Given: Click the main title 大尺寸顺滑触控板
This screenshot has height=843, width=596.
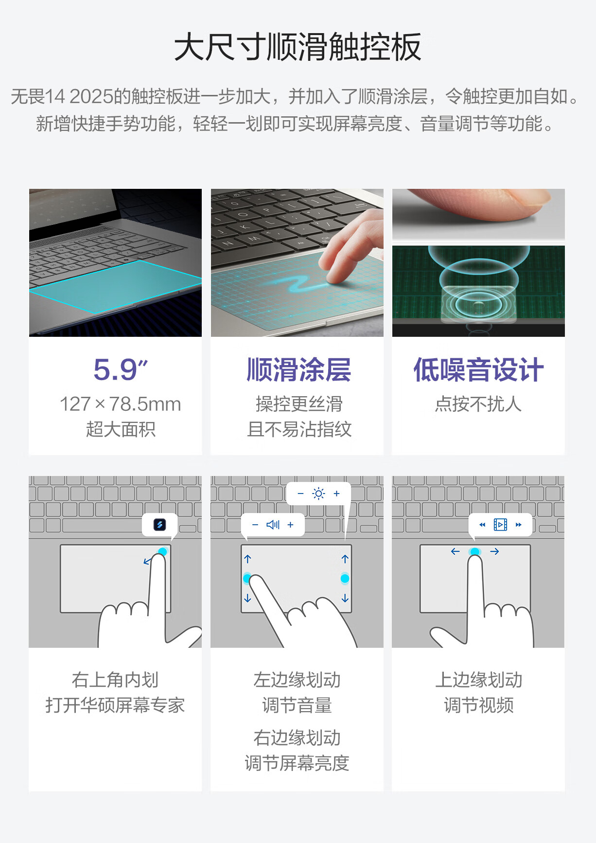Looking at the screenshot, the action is tap(298, 47).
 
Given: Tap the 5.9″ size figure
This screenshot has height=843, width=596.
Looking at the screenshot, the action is tap(120, 369).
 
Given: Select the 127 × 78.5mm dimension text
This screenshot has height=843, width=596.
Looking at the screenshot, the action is tap(120, 404).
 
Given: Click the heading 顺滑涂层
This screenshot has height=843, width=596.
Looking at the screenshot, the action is tap(298, 370).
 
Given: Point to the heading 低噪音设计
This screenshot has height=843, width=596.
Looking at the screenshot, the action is tap(478, 370).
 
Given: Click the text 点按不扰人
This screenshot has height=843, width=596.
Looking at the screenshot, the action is tap(478, 404).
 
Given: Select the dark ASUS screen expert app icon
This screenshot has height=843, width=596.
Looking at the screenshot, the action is tap(159, 525).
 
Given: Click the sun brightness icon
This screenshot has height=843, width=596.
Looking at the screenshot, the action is tap(318, 494).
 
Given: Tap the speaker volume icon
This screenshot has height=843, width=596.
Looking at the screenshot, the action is tap(273, 525).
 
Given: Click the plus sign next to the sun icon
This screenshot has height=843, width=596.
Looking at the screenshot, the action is tap(336, 494).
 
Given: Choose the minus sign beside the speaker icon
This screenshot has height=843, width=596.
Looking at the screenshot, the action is tap(255, 525).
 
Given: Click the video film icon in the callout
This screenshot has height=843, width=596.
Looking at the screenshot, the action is tap(500, 525).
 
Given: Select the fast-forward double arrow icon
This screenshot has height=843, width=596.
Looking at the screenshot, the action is tap(518, 525).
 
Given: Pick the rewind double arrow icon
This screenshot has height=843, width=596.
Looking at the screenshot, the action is tap(482, 525).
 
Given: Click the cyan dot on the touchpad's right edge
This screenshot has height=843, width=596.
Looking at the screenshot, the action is tap(345, 578).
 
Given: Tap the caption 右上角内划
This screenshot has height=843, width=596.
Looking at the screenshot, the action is tap(115, 680).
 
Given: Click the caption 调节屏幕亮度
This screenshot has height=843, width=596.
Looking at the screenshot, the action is tap(297, 763).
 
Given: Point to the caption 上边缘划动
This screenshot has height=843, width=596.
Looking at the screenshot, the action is tap(478, 680).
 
